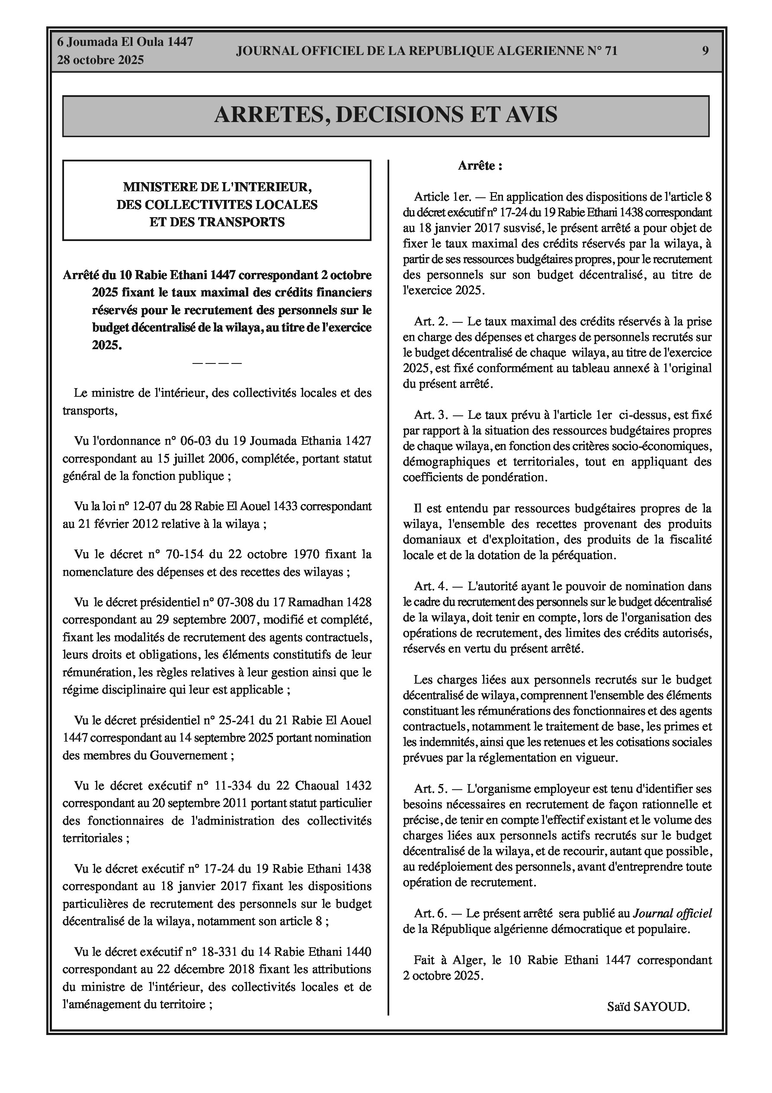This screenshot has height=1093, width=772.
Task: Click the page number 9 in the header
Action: (x=705, y=51)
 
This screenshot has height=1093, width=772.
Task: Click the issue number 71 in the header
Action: (x=611, y=51)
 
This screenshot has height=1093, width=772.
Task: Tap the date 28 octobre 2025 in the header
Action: (x=100, y=60)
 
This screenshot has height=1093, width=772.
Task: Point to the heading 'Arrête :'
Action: (x=480, y=166)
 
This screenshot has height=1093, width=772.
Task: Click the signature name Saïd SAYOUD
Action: (x=648, y=1020)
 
